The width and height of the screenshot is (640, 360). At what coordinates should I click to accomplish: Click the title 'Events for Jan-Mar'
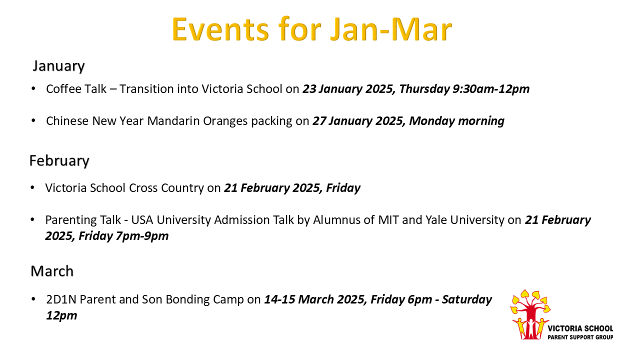coord(311,29)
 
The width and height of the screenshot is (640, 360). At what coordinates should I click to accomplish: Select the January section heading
coord(58,66)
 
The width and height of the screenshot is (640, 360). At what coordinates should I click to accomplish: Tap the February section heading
coord(59,160)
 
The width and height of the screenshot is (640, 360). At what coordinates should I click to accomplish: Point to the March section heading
coord(52,271)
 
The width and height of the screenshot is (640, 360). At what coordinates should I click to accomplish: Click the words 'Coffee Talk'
coord(76,89)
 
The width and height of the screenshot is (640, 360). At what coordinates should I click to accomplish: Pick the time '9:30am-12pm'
coord(491,89)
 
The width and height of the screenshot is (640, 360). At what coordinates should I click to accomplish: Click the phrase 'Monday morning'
coord(456,121)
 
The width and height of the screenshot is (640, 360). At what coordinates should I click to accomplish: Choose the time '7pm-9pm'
coord(142,236)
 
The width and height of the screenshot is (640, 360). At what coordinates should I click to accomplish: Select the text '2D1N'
coord(61,299)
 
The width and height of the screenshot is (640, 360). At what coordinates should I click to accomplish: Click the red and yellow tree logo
coord(530,314)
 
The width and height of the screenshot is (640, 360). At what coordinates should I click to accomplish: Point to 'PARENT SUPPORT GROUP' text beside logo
coord(580,337)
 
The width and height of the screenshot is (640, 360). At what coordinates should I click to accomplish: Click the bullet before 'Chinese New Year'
coord(33,121)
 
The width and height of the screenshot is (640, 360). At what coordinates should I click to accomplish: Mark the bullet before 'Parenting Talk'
coord(32,219)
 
